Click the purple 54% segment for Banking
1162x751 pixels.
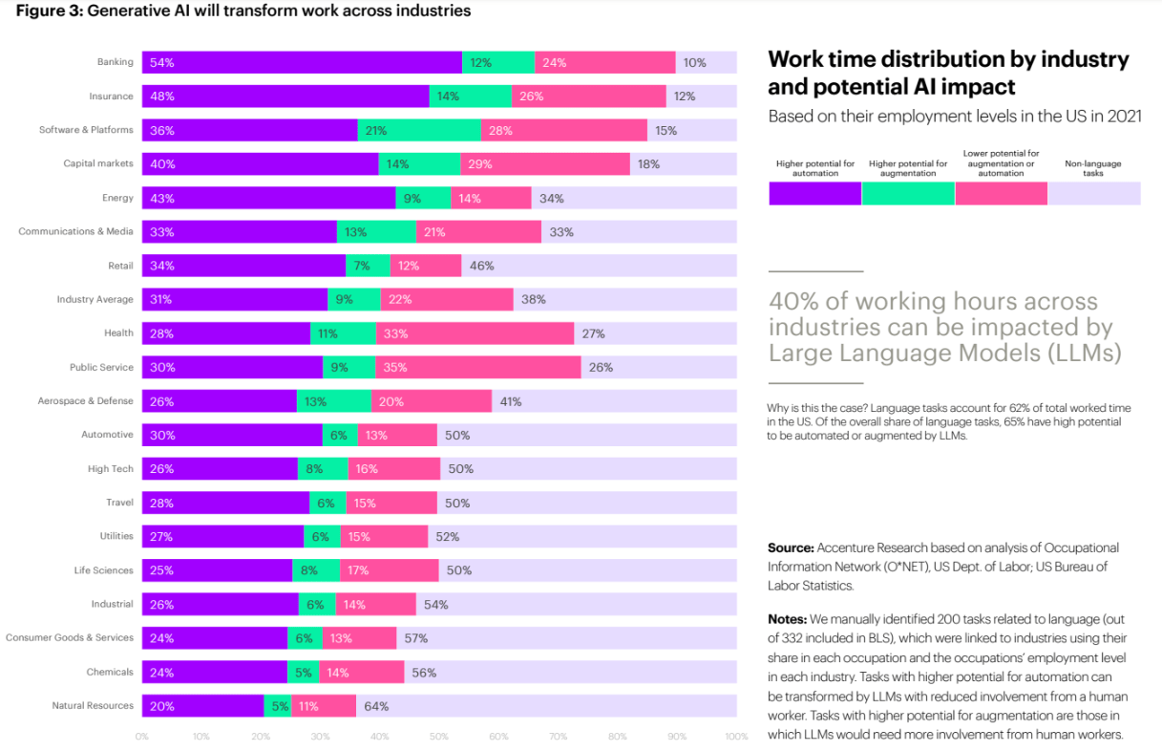(302, 62)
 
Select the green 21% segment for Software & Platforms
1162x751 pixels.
(419, 130)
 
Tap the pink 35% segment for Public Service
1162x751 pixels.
(478, 367)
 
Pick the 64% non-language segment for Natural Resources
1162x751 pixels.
(546, 706)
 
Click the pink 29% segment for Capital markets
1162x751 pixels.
(544, 164)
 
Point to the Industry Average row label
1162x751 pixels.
(95, 299)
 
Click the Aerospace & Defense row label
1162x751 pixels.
(86, 401)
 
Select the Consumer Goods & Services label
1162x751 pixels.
(70, 637)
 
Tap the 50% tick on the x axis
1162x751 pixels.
(438, 737)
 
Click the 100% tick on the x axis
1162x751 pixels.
(735, 737)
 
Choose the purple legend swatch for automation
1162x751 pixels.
(814, 193)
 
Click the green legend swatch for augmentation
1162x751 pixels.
(907, 193)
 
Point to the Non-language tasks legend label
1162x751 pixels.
(1092, 168)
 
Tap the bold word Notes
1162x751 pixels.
(788, 619)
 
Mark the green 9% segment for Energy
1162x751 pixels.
(423, 198)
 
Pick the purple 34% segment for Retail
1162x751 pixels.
(243, 266)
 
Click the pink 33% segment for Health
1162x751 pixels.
(475, 333)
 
